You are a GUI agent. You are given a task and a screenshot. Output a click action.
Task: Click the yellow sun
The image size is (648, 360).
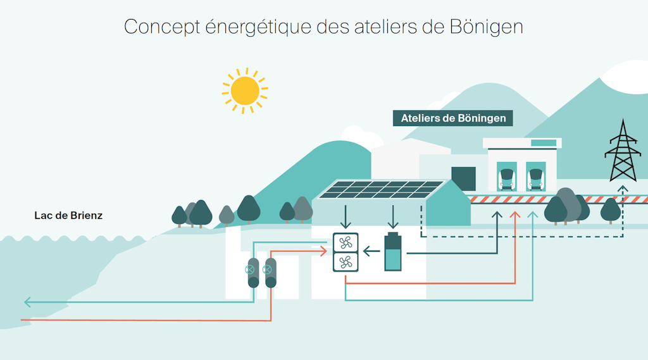(245, 90)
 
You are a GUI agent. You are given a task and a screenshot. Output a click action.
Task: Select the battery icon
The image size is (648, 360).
(393, 252)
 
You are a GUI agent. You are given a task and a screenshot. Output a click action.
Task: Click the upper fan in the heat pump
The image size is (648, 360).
(346, 243)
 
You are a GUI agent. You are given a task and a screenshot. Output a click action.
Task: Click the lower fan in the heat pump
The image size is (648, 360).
(346, 261)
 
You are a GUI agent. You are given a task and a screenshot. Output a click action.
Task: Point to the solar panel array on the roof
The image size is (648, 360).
(380, 190)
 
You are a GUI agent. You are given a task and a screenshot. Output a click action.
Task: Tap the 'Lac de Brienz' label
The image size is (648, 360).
(68, 216)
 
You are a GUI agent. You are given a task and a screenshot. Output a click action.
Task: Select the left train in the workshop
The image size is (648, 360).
(506, 177)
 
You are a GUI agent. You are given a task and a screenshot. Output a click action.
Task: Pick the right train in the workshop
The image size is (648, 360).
(535, 177)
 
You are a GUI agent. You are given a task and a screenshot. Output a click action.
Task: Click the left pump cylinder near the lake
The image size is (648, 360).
(253, 273)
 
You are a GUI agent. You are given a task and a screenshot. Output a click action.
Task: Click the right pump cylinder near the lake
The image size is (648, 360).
(271, 273)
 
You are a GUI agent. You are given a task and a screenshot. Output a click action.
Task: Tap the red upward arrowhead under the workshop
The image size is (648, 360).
(515, 216)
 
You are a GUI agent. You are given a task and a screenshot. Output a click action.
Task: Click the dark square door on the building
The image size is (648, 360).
(463, 179)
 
